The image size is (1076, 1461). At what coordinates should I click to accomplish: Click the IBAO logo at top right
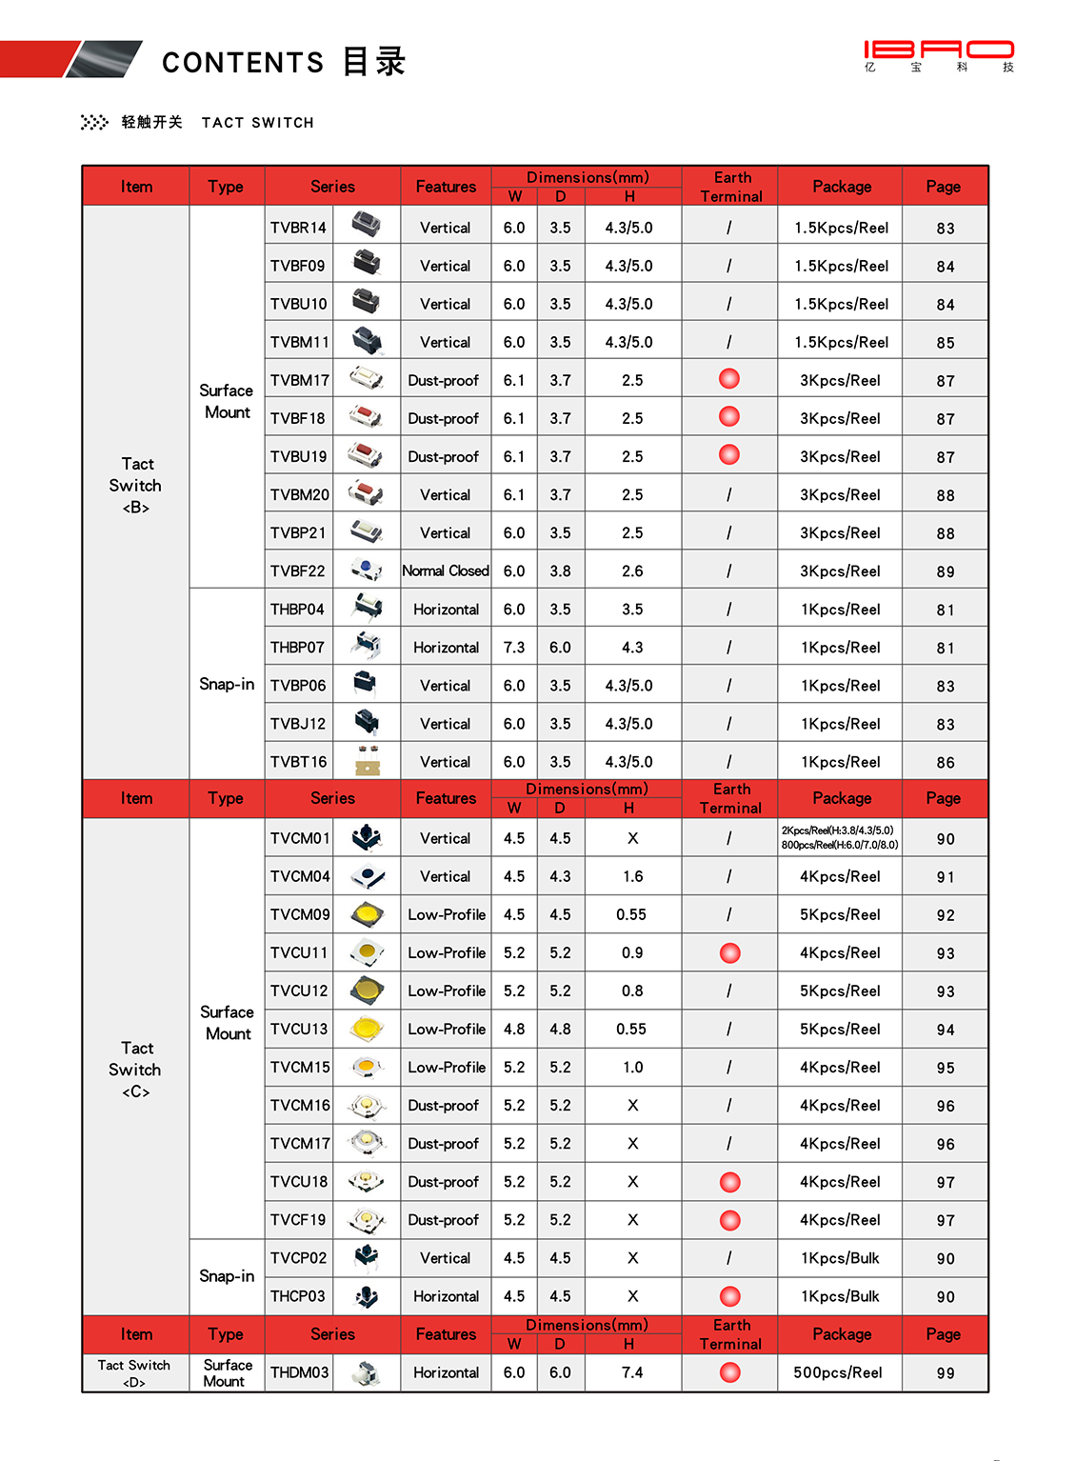coord(939,54)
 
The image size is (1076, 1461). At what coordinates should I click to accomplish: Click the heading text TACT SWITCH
coord(257,123)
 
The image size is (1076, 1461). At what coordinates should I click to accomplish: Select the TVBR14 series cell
coord(298,228)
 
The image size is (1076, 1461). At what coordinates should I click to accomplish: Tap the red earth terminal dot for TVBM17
coord(729,379)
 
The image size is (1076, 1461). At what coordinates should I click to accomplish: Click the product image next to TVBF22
coord(367,570)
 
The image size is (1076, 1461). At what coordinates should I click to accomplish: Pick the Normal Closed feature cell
coord(446,570)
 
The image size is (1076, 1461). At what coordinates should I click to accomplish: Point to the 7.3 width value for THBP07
coord(514,648)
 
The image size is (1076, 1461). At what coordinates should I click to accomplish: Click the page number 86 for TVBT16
coord(945,763)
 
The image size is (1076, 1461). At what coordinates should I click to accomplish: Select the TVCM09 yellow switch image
coord(367,914)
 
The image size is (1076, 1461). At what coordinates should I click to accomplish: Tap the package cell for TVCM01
coord(840,837)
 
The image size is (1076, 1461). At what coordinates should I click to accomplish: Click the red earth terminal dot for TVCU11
coord(730,952)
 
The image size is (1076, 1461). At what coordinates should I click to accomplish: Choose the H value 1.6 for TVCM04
coord(632,876)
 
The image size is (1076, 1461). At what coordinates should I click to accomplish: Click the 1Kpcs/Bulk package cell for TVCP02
coord(840,1258)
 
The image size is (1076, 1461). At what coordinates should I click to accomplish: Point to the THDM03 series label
coord(299,1372)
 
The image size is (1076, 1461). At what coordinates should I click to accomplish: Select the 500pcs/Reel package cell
coord(838,1372)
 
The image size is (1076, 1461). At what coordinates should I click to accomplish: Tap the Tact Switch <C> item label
coord(135,1070)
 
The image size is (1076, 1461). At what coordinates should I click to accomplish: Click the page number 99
coord(945,1373)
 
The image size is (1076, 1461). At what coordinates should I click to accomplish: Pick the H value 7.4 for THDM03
coord(632,1372)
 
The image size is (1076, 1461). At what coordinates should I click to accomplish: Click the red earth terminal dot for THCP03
coord(730,1296)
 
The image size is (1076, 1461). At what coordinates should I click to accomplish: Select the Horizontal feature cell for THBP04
coord(446,610)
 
